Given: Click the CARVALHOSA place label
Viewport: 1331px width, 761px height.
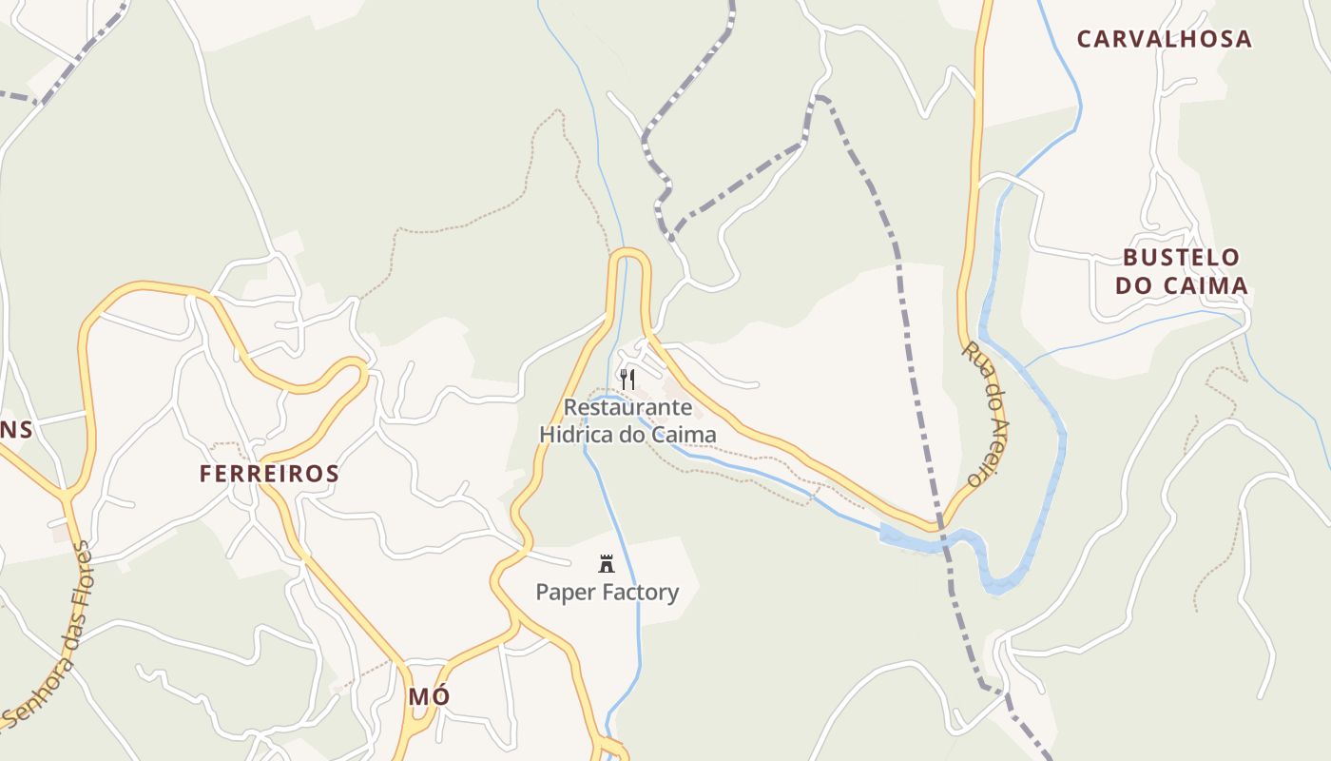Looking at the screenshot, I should coord(1164,39).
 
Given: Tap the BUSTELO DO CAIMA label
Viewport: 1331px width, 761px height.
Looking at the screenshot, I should coord(1181,271).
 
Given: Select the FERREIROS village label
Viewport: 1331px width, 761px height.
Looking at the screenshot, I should coord(269,474).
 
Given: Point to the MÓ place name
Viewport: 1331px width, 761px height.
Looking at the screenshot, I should coord(429,696).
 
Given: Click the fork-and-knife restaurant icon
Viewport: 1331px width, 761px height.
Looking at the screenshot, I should coord(627,380).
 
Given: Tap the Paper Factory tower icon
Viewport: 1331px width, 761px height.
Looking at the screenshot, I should coord(607,564).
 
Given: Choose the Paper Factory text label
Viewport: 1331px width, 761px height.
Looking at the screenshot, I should coord(608,593).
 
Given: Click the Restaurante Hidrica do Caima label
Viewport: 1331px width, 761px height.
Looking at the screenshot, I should coord(627,420).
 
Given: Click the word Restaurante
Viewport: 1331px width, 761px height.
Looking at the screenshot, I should coord(627,407).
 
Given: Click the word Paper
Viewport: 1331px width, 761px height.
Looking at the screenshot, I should coord(563,593).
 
